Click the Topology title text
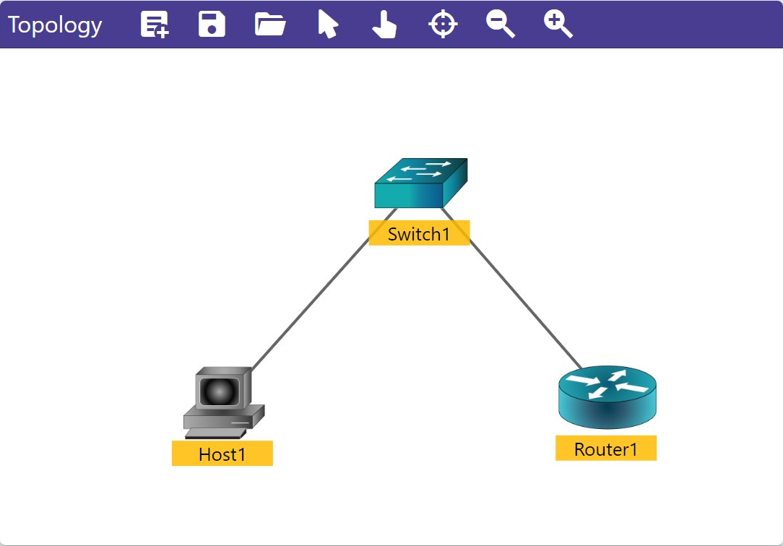click(x=55, y=25)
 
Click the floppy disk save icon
click(x=212, y=24)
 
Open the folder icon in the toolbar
click(x=270, y=24)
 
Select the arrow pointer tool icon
click(x=328, y=24)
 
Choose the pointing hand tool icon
click(x=384, y=25)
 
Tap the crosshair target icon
click(x=443, y=24)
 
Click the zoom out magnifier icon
click(x=500, y=24)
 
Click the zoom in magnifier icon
click(x=558, y=24)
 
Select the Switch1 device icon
click(x=420, y=183)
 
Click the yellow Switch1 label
click(x=419, y=233)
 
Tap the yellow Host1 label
click(x=222, y=454)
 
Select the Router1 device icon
click(x=607, y=397)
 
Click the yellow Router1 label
click(x=606, y=448)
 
